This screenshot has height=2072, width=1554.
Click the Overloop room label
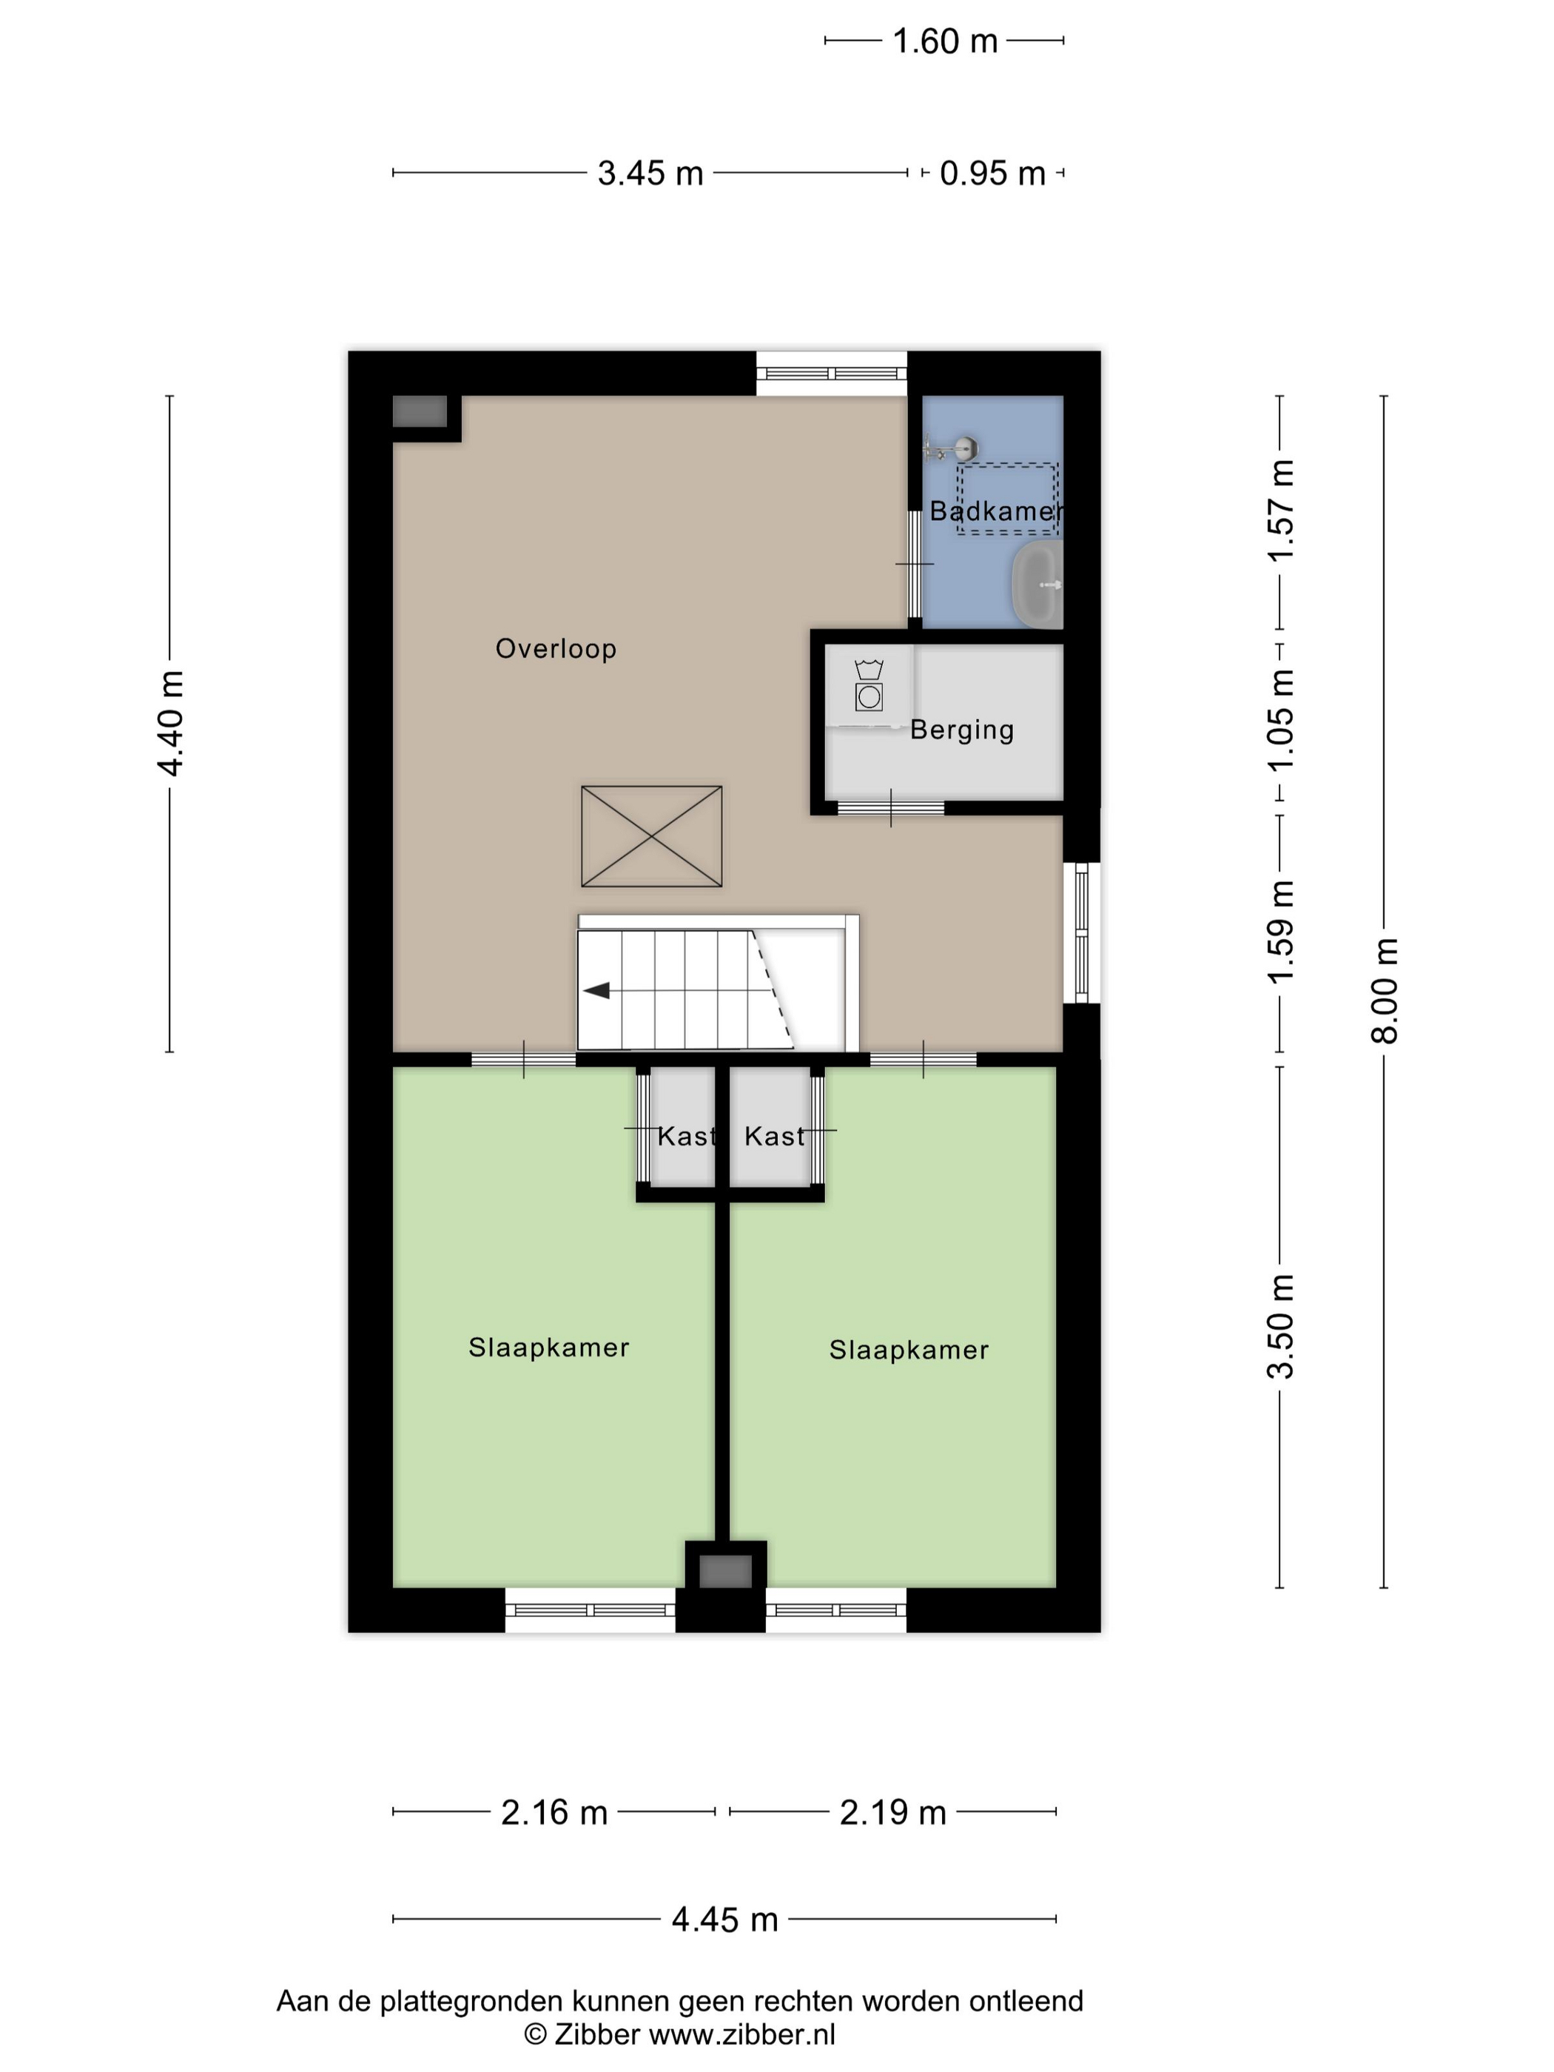(x=556, y=648)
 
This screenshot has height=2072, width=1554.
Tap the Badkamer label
(x=997, y=511)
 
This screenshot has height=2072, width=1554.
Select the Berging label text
(x=962, y=730)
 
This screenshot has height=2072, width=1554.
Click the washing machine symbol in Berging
(x=869, y=686)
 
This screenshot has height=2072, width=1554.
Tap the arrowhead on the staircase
(x=596, y=990)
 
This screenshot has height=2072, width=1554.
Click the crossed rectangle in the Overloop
(x=652, y=836)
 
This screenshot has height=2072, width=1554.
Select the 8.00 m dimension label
(x=1385, y=990)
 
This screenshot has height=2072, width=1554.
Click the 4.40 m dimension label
(x=170, y=723)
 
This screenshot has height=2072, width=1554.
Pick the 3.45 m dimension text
(x=650, y=173)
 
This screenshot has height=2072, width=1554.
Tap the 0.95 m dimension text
(x=993, y=173)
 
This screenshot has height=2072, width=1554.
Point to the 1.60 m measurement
(x=945, y=41)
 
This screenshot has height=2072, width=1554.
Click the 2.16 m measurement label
(x=554, y=1812)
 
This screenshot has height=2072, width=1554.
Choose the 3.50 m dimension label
(x=1280, y=1326)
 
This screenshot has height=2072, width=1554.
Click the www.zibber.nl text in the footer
(x=742, y=2034)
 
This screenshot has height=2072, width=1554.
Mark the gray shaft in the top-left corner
(x=420, y=411)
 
